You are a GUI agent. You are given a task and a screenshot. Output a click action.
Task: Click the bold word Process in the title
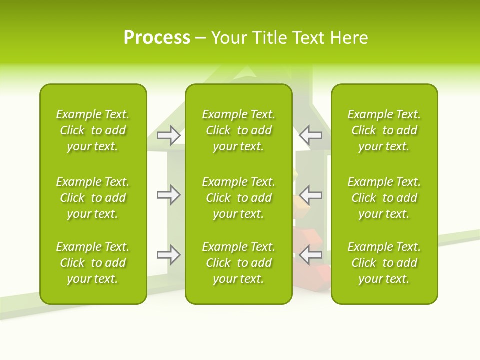tap(157, 38)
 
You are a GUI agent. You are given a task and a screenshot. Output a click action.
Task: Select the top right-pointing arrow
tap(168, 135)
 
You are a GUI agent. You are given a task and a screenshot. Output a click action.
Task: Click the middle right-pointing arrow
tap(168, 195)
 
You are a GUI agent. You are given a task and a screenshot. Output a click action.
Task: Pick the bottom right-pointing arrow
tap(168, 255)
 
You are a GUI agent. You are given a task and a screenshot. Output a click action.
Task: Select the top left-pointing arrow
tap(310, 135)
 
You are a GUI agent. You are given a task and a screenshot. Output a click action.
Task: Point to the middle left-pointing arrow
tap(310, 195)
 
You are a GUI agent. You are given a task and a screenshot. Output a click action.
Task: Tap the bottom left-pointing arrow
tap(310, 255)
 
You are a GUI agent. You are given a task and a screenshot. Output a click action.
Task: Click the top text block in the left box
tap(93, 130)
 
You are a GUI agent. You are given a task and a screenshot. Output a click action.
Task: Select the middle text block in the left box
tap(93, 198)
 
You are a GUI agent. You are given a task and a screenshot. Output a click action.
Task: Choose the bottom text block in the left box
tap(93, 263)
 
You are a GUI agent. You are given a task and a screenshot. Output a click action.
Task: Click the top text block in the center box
tap(239, 130)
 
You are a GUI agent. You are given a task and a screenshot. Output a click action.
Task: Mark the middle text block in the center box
tap(239, 198)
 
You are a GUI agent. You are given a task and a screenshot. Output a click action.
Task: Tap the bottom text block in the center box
tap(239, 263)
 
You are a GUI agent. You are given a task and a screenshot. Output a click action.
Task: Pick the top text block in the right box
tap(384, 130)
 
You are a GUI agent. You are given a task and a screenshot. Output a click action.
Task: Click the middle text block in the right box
tap(384, 198)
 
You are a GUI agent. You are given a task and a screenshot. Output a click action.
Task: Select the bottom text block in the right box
tap(384, 263)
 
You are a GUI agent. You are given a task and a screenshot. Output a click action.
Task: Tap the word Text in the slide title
tap(309, 38)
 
